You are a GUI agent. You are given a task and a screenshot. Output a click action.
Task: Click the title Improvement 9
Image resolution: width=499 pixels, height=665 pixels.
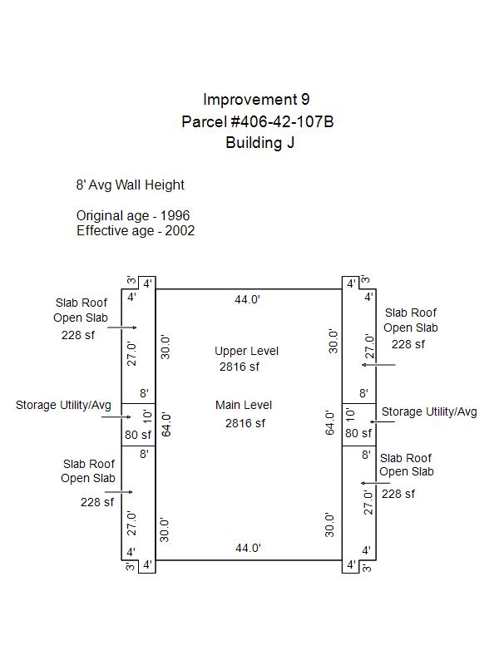256,101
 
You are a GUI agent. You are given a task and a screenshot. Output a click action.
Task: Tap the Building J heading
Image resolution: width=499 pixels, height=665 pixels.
259,143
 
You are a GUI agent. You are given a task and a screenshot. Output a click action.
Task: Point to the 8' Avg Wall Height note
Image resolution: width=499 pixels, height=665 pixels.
131,185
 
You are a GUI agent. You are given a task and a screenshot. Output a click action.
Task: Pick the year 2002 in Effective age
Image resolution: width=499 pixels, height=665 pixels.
180,231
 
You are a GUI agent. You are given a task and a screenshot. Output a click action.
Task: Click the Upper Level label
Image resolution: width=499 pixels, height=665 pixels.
246,351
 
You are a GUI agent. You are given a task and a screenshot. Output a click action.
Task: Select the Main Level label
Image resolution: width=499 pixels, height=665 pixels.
244,405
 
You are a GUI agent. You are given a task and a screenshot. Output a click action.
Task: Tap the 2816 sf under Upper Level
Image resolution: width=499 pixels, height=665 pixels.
240,367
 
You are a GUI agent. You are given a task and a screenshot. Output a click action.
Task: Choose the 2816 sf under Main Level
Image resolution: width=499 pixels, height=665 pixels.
245,423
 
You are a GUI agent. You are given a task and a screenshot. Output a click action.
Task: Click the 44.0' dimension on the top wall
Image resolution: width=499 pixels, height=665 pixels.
248,300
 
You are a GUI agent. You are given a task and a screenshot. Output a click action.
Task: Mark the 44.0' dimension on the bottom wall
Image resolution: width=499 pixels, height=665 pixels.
248,548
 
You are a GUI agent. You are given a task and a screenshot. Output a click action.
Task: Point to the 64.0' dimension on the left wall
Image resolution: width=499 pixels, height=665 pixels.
166,424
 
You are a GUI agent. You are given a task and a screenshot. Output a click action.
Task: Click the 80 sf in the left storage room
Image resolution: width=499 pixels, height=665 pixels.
138,434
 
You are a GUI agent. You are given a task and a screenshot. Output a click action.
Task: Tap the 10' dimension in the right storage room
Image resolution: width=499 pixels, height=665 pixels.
350,414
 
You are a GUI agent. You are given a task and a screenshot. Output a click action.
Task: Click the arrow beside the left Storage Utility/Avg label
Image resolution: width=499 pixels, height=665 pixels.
116,416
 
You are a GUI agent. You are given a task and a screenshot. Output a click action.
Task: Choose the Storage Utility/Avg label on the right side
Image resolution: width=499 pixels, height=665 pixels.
429,411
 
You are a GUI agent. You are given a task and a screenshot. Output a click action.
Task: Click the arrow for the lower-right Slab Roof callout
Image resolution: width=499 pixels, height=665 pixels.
369,482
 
